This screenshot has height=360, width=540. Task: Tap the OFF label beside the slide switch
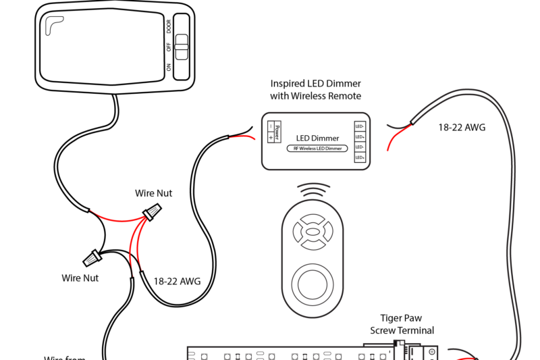click(x=169, y=47)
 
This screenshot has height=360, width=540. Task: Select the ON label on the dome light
click(x=169, y=68)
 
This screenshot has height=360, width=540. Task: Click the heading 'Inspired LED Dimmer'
click(x=315, y=84)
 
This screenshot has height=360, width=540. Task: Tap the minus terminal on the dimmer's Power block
click(x=271, y=126)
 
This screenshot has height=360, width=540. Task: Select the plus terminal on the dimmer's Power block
click(x=271, y=137)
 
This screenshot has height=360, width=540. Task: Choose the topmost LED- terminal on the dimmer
click(x=360, y=126)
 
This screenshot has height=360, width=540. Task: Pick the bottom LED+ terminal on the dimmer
click(x=360, y=157)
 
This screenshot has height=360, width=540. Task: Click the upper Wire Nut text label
click(x=154, y=193)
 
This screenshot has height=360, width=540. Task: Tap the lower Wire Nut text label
click(x=80, y=278)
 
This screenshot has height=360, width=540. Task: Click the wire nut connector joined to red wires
click(x=153, y=213)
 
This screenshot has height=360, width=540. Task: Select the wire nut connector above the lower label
click(x=92, y=257)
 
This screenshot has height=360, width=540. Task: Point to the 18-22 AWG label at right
click(x=462, y=127)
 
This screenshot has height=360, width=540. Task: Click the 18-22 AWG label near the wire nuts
click(x=177, y=280)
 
